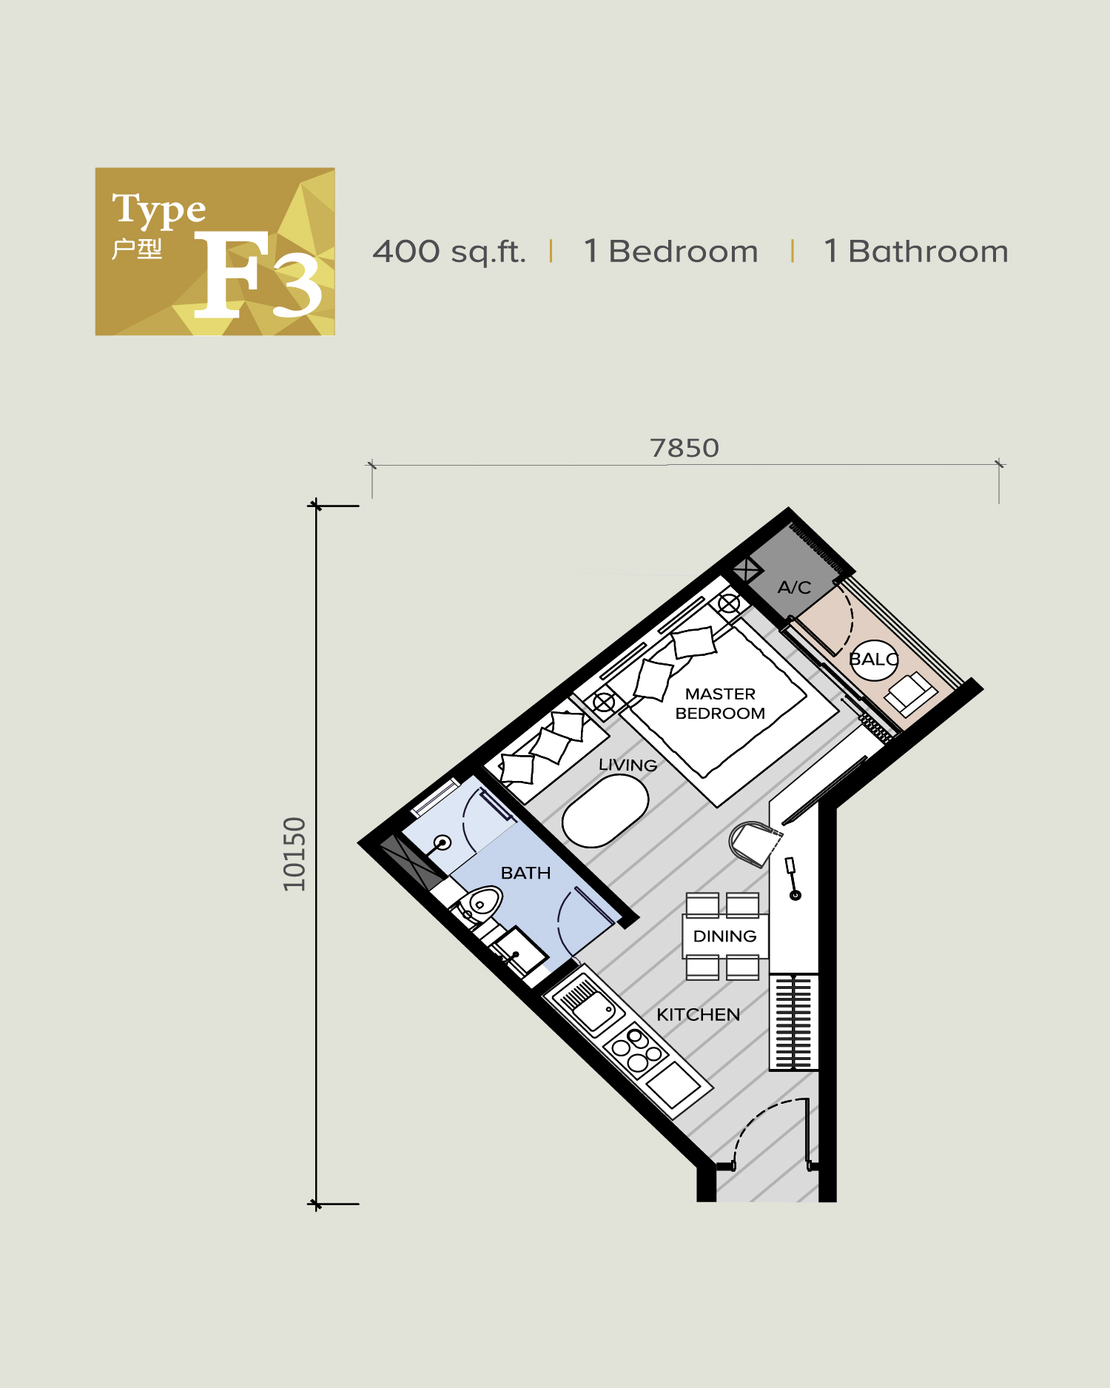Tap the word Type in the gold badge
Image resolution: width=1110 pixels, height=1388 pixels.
(158, 209)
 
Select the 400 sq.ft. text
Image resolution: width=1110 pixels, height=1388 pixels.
(449, 252)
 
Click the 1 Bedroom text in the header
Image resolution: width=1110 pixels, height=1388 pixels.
(670, 252)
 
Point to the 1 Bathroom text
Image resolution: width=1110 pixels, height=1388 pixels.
(915, 252)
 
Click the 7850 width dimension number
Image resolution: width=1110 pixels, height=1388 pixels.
(684, 449)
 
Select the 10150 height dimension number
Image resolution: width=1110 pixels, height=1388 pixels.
(294, 854)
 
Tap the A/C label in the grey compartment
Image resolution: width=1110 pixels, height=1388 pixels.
(794, 588)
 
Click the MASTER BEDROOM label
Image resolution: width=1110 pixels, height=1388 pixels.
(720, 703)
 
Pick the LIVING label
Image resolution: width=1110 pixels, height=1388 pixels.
(628, 765)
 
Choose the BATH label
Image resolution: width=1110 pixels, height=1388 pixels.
(525, 873)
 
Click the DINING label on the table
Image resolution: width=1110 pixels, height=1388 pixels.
(724, 936)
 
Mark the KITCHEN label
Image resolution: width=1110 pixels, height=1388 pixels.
(698, 1015)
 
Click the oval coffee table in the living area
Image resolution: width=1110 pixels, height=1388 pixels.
(605, 811)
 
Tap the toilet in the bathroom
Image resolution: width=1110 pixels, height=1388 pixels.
(479, 904)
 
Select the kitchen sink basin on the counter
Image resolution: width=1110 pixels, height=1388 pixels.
(593, 1011)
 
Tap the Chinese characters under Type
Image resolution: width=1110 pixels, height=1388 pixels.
(137, 249)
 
